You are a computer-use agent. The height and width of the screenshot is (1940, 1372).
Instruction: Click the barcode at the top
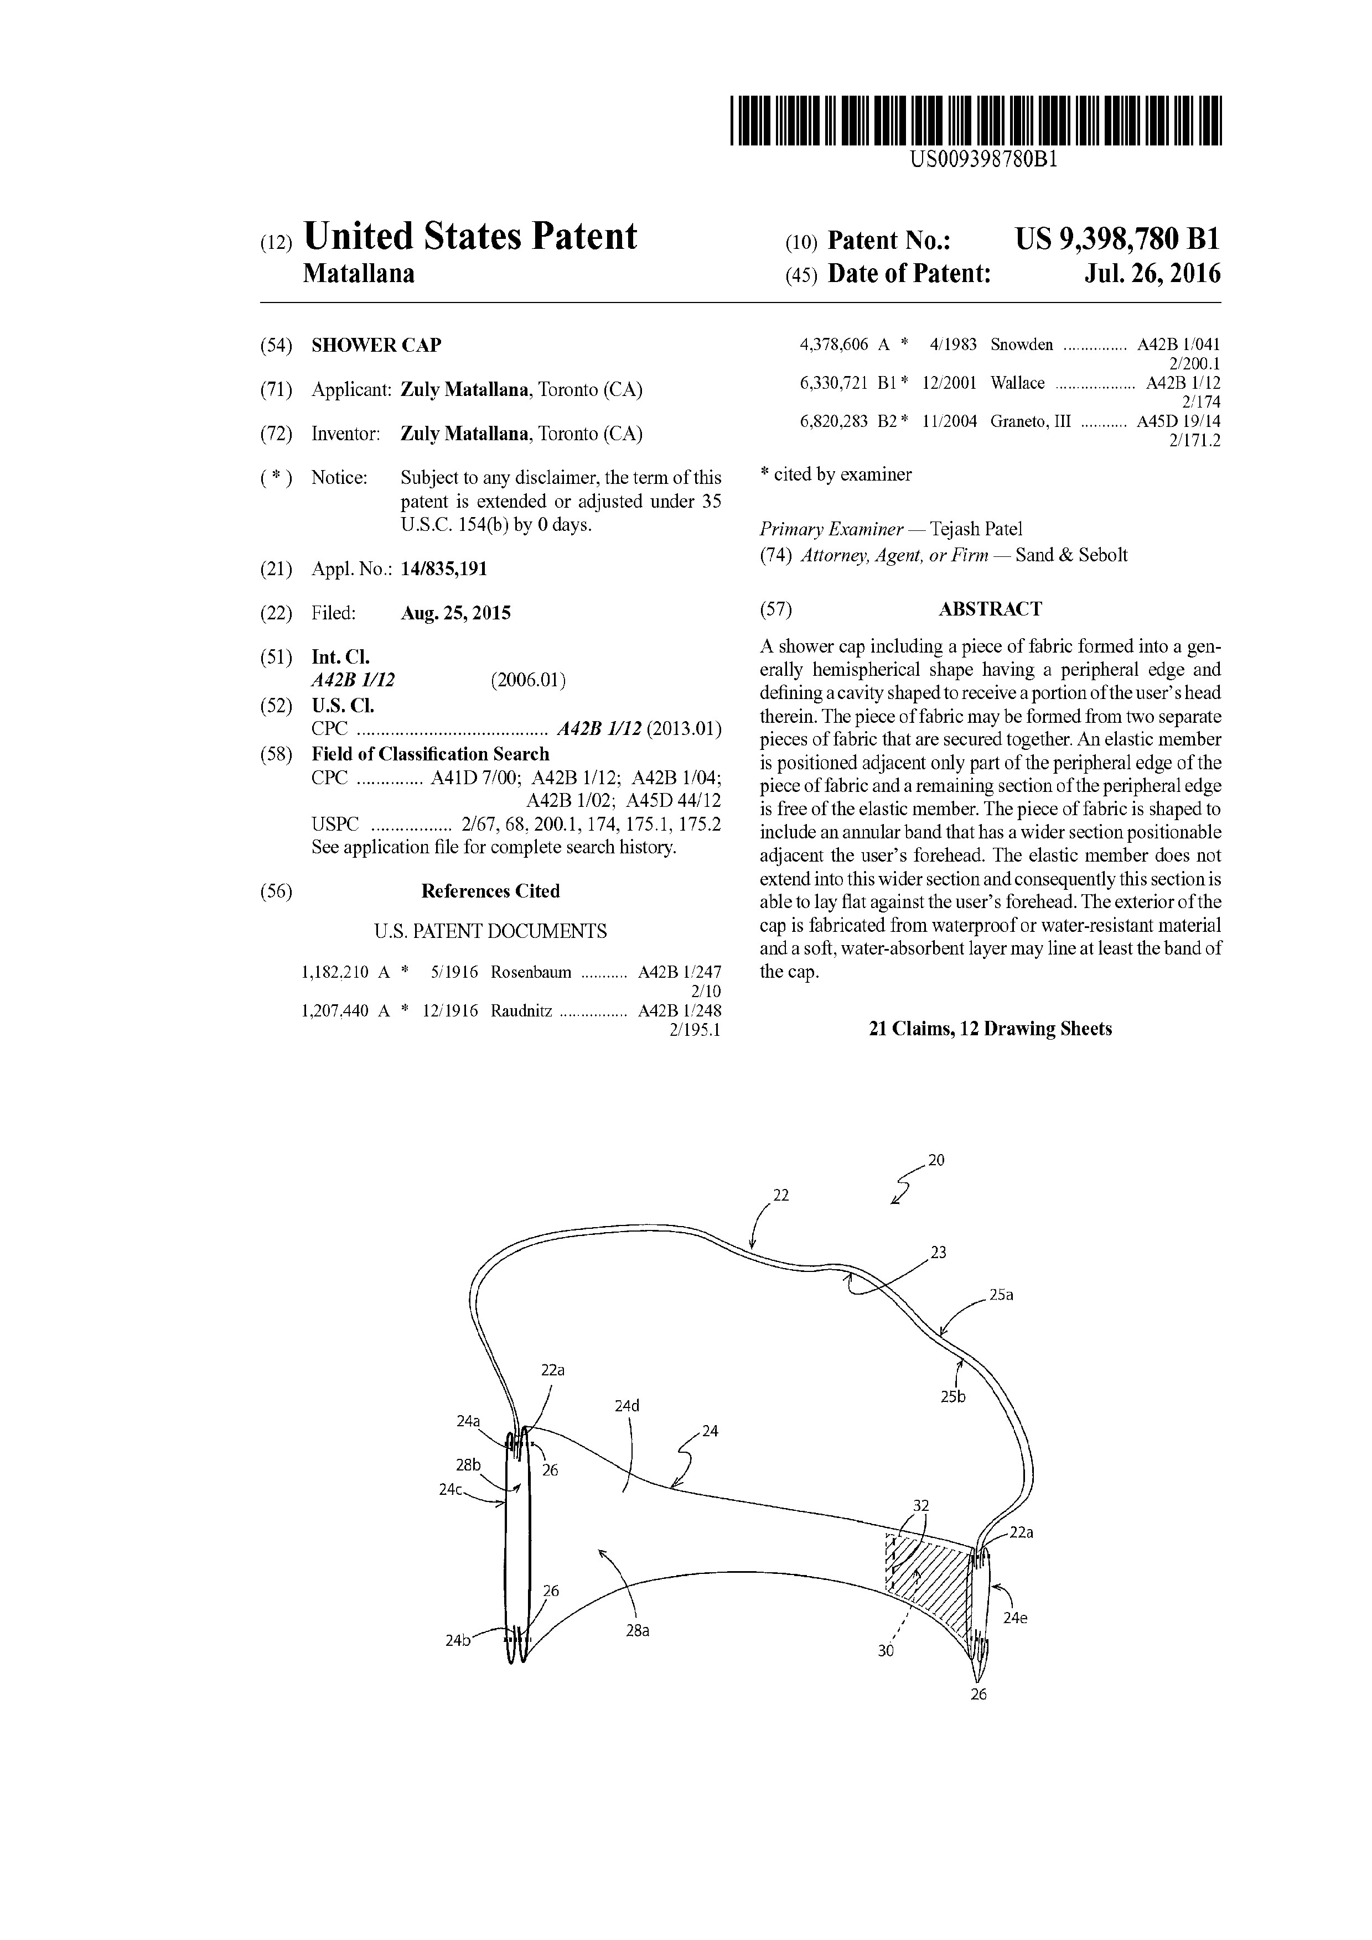point(976,121)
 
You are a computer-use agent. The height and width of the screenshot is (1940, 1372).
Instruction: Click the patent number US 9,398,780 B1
point(1117,240)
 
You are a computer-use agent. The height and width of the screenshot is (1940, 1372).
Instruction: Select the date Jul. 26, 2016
point(1152,274)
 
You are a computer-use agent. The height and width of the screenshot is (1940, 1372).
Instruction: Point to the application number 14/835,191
point(444,569)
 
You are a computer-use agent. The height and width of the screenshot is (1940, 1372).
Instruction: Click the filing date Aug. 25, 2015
point(455,613)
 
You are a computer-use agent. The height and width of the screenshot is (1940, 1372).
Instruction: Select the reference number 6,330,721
point(833,383)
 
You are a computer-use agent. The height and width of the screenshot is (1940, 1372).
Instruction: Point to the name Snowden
point(1022,344)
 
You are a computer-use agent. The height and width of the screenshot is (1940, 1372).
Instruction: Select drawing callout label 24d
point(627,1406)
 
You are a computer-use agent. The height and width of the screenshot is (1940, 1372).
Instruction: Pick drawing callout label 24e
point(1014,1618)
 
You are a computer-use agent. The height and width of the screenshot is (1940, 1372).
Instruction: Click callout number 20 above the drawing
point(936,1160)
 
